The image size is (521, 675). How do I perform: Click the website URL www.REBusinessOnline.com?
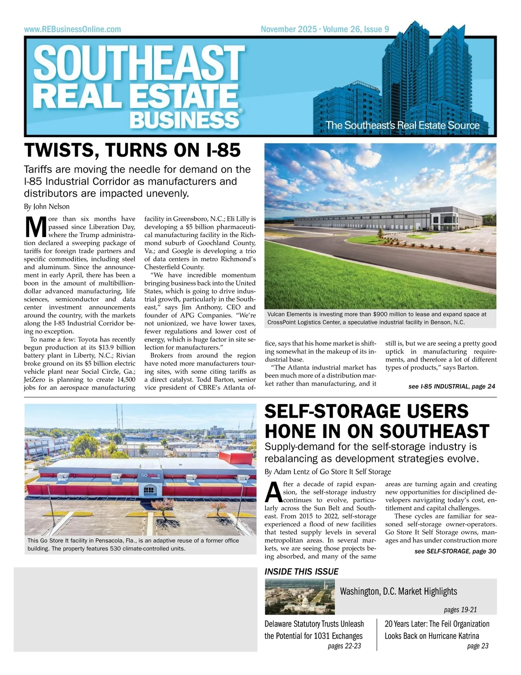coord(73,30)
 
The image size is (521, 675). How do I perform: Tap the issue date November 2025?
coord(289,30)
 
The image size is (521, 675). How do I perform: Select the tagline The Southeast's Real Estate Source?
coord(402,125)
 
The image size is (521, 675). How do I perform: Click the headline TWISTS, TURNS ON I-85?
coord(132,150)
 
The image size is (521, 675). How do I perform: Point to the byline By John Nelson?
coord(46,207)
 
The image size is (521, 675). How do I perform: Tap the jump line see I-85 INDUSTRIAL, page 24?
coord(452,386)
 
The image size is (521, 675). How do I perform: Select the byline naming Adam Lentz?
coord(328,471)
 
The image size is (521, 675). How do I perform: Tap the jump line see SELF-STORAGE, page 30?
coord(455,551)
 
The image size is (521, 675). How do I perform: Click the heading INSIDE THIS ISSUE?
coord(301,572)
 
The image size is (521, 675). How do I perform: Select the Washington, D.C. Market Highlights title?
coord(398,591)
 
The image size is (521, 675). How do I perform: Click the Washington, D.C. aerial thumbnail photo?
coord(300,597)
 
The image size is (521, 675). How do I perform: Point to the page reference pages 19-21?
coord(460,610)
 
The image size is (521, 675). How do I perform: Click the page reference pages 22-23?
coord(344,646)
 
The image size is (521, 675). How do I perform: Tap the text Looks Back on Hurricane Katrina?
coord(432,636)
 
